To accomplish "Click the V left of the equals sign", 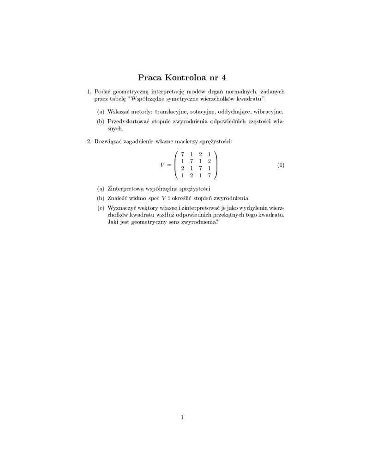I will pos(162,165).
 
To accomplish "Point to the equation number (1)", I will pos(281,165).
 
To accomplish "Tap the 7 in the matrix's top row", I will pos(183,154).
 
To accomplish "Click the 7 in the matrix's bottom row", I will pos(209,176).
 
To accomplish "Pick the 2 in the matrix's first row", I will pos(200,154).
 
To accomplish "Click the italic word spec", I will pos(153,199).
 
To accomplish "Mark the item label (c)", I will pos(101,208).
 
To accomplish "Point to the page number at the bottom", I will pos(182,418).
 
